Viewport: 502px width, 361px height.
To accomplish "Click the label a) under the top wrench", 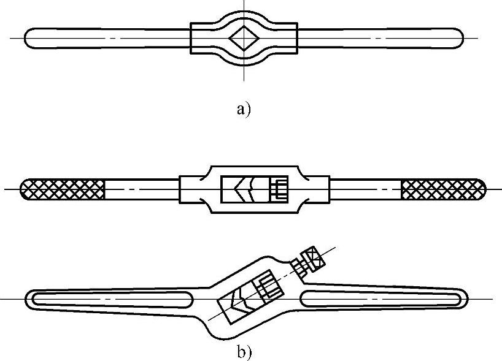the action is (244, 110).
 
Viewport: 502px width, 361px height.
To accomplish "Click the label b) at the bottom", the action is (244, 352).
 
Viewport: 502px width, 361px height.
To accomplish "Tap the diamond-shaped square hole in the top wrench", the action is (244, 39).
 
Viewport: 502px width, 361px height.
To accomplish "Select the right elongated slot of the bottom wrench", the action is (380, 299).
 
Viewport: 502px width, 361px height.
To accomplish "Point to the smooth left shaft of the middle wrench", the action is (141, 189).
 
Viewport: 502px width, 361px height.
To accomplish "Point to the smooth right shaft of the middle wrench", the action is (365, 189).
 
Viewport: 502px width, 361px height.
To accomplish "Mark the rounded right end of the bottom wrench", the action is (465, 299).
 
